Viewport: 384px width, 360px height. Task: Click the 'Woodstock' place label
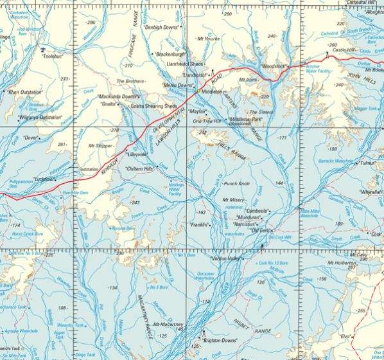pyautogui.click(x=274, y=66)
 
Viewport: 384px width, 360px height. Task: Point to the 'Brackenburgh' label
pyautogui.click(x=170, y=55)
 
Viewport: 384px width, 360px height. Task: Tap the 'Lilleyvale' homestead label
pyautogui.click(x=136, y=155)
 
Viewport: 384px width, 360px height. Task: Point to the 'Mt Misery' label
pyautogui.click(x=234, y=200)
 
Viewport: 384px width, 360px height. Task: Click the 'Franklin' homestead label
pyautogui.click(x=201, y=225)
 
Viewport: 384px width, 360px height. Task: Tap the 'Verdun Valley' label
pyautogui.click(x=225, y=258)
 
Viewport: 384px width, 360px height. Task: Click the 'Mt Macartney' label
pyautogui.click(x=169, y=325)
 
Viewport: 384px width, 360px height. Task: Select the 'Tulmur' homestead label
pyautogui.click(x=369, y=163)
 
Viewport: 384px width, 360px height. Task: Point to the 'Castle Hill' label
pyautogui.click(x=344, y=50)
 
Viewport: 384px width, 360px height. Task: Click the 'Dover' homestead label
pyautogui.click(x=30, y=137)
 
